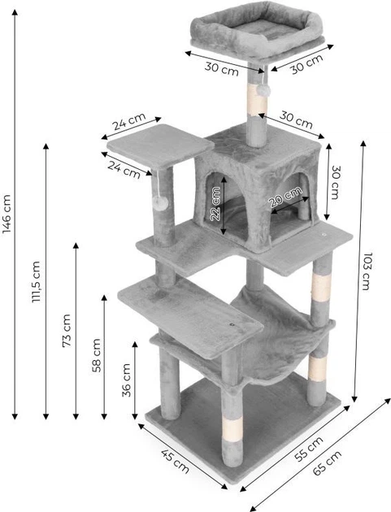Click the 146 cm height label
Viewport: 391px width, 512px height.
click(7, 214)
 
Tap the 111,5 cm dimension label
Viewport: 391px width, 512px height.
click(37, 282)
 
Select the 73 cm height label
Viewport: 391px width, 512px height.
click(67, 331)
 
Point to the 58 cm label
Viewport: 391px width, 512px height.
click(97, 356)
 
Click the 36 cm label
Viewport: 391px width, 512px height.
click(127, 380)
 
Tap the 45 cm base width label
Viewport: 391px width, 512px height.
click(175, 462)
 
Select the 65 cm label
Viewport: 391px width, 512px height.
click(328, 462)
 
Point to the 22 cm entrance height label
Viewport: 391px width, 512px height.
click(215, 203)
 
